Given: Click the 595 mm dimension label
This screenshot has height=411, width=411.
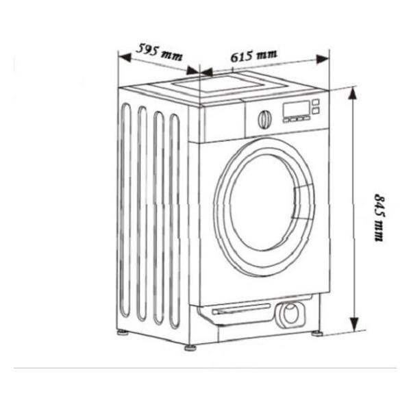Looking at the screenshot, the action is (x=159, y=52).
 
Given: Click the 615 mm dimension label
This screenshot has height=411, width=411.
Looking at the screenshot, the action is (x=253, y=55).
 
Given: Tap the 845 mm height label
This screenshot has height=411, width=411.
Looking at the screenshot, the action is (x=379, y=217).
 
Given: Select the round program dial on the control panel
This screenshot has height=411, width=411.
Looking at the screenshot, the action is (x=264, y=119).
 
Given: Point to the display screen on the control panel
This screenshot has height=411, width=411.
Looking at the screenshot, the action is (x=297, y=109).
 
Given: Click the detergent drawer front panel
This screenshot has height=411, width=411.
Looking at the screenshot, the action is (x=223, y=121).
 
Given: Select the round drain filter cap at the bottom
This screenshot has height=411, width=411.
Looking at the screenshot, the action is (x=290, y=314).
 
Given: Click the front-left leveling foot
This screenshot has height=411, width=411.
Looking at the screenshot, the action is (x=190, y=347).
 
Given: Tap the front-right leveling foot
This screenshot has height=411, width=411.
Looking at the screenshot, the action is (x=317, y=334).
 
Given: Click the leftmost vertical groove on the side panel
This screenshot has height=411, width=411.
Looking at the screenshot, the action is (x=125, y=210).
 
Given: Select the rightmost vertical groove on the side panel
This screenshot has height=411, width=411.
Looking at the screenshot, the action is (x=175, y=221).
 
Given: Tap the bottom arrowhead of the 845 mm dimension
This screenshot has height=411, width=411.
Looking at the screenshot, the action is (x=354, y=324).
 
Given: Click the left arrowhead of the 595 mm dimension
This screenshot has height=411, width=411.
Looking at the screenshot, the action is (x=125, y=57).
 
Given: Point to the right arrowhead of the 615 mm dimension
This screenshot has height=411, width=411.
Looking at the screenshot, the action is (x=323, y=59).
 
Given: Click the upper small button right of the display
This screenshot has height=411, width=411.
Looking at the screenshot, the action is (x=316, y=102).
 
